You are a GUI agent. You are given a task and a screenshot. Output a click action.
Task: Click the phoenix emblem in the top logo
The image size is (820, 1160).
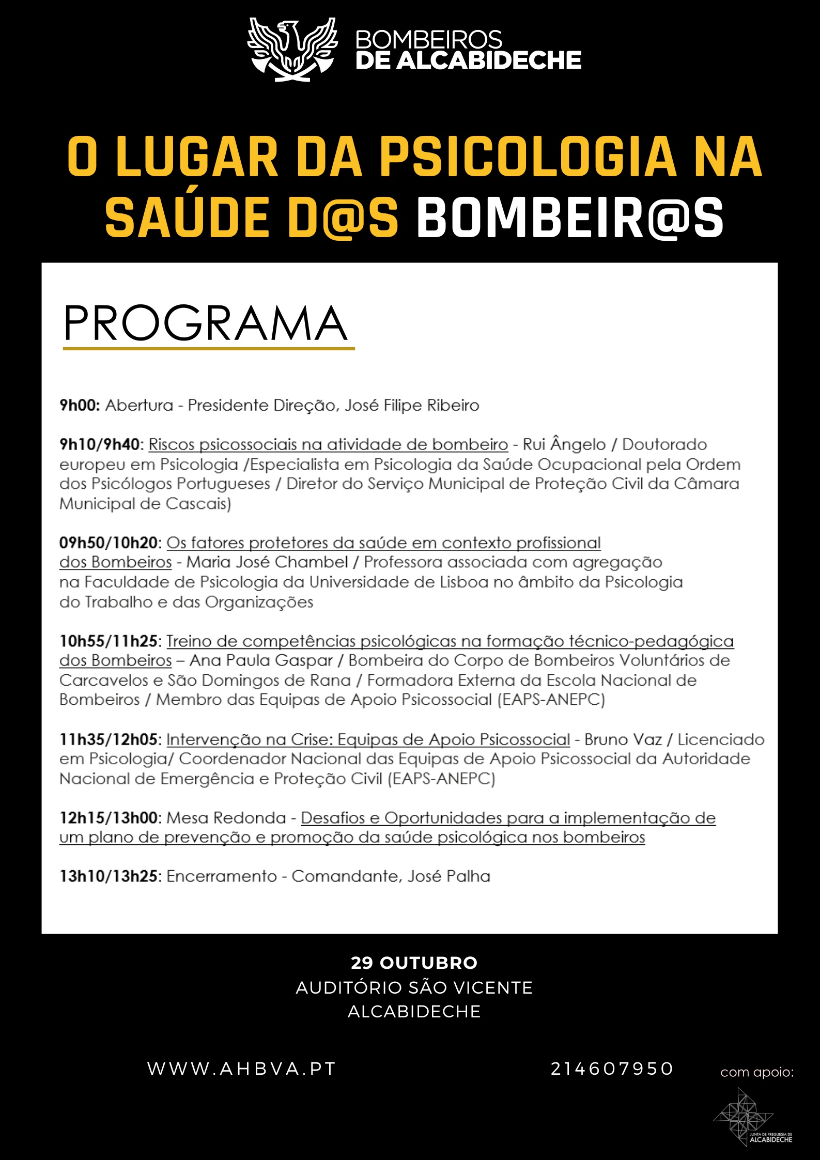click(292, 50)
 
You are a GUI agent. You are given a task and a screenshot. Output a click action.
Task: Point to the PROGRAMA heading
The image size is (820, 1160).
click(206, 324)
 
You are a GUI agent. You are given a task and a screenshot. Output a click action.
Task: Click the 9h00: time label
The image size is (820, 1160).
click(80, 406)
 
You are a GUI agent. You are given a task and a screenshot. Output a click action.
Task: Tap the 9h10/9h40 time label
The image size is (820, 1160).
click(100, 445)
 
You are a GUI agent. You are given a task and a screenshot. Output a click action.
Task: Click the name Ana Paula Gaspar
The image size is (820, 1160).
click(261, 661)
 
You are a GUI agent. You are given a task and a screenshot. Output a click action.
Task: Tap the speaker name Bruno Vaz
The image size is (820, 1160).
click(623, 740)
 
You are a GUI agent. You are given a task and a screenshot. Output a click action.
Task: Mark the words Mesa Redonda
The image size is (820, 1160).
click(226, 818)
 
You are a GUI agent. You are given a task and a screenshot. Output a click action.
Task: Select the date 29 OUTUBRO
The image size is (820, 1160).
click(414, 963)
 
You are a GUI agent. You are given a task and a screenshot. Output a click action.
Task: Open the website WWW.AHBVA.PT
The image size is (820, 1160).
click(242, 1069)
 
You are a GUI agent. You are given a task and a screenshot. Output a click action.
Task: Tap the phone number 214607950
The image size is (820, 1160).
click(612, 1069)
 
